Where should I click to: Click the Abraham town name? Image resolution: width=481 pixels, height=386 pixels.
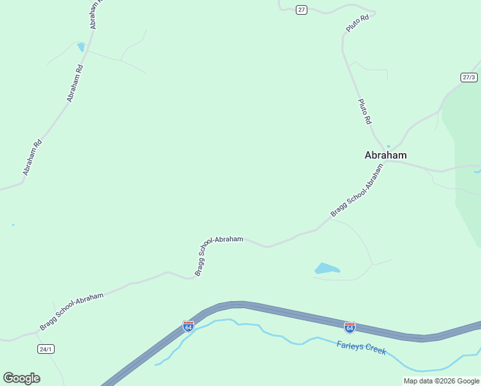pos(385,155)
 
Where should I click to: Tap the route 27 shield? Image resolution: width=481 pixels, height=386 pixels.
pos(302,10)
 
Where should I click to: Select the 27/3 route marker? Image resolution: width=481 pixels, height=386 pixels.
pos(469,77)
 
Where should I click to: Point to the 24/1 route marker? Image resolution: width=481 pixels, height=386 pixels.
pos(46,349)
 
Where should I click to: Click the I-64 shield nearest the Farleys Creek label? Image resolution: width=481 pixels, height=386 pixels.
pos(349,327)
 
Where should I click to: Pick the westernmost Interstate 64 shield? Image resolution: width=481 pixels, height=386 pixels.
pos(188,326)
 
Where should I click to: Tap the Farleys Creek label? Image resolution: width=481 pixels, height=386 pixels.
pos(361,347)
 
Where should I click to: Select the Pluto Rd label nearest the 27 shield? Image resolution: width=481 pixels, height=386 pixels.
pos(356,24)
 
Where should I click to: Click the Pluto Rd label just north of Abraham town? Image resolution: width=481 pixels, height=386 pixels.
pos(365,111)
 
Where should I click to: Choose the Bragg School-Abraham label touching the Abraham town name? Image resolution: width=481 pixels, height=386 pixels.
pos(357,190)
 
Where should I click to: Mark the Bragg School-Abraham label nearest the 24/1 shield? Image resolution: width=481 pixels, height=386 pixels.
pos(71,312)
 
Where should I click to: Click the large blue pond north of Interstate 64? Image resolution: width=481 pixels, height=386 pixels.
pos(327,268)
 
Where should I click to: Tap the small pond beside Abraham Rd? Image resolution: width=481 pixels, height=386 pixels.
pos(81,46)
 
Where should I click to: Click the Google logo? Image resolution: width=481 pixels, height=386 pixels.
pos(21,378)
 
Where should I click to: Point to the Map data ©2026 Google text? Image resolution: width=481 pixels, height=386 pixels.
pos(441,381)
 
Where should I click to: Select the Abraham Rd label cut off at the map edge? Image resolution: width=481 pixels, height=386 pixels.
pos(96,14)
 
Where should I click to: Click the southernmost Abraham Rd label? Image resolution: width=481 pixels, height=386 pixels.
pos(32,157)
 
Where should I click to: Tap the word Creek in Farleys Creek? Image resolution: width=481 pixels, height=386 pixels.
pos(374,349)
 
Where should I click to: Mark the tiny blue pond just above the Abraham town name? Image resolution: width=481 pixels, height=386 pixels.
pos(388,146)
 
